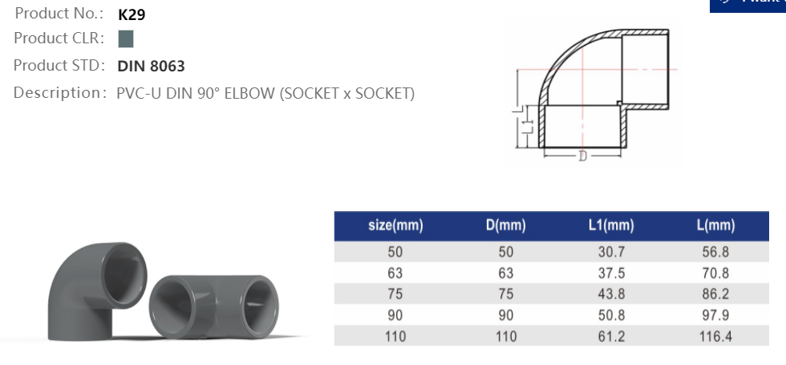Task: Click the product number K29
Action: [x=132, y=14]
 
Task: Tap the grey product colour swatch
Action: [x=125, y=39]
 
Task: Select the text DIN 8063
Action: [x=151, y=66]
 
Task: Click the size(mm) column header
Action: [x=395, y=225]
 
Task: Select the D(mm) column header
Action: [x=505, y=225]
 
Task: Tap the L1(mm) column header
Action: [x=610, y=225]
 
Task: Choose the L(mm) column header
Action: [x=715, y=225]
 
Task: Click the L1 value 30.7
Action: [x=610, y=252]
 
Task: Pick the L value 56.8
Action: [x=715, y=252]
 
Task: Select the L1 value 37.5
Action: [x=610, y=274]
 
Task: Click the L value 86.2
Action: [x=715, y=294]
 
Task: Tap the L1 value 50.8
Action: [x=610, y=315]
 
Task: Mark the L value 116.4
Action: [x=715, y=337]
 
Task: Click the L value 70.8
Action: [x=715, y=274]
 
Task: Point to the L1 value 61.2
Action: [x=610, y=337]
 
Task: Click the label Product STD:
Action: [x=59, y=66]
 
